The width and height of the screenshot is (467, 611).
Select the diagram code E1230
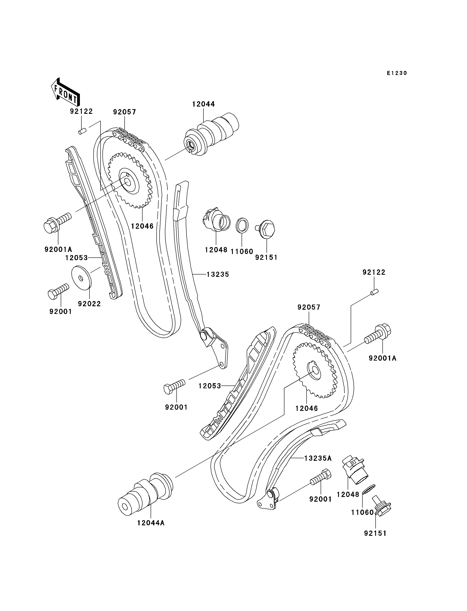[x=397, y=73]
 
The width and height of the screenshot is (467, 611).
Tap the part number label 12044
[x=203, y=104]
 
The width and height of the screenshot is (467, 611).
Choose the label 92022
[x=89, y=304]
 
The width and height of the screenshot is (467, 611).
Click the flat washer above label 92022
[x=81, y=278]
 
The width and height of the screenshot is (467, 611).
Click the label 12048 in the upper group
[x=216, y=250]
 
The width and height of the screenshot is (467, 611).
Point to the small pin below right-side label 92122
[x=375, y=293]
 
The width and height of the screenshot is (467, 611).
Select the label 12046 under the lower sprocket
[x=307, y=408]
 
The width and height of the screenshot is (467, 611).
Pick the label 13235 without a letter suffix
[x=218, y=274]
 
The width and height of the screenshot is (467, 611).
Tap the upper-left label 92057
[x=125, y=112]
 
